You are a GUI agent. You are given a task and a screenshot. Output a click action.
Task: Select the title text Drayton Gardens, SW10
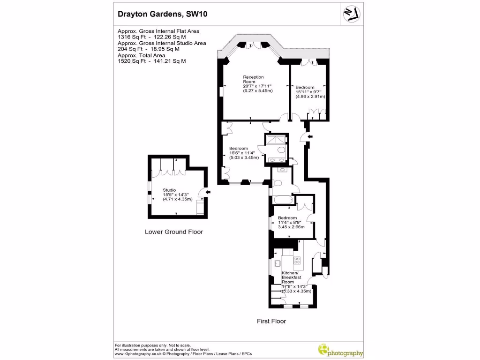click(162, 14)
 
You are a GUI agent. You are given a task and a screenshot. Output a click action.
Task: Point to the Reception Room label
click(253, 79)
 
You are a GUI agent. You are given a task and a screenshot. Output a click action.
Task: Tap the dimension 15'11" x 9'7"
click(310, 92)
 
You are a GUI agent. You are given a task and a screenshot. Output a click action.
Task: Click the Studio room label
click(169, 190)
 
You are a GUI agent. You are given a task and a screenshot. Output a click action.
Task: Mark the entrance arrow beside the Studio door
click(208, 192)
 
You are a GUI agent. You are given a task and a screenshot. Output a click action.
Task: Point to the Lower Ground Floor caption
click(174, 232)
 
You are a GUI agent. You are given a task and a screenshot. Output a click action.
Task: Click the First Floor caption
click(271, 321)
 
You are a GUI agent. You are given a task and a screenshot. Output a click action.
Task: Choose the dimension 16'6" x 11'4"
click(244, 153)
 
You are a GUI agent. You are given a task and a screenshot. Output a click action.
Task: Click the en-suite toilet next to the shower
click(280, 150)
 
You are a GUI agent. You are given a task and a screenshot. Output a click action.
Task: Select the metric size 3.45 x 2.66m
click(291, 227)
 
